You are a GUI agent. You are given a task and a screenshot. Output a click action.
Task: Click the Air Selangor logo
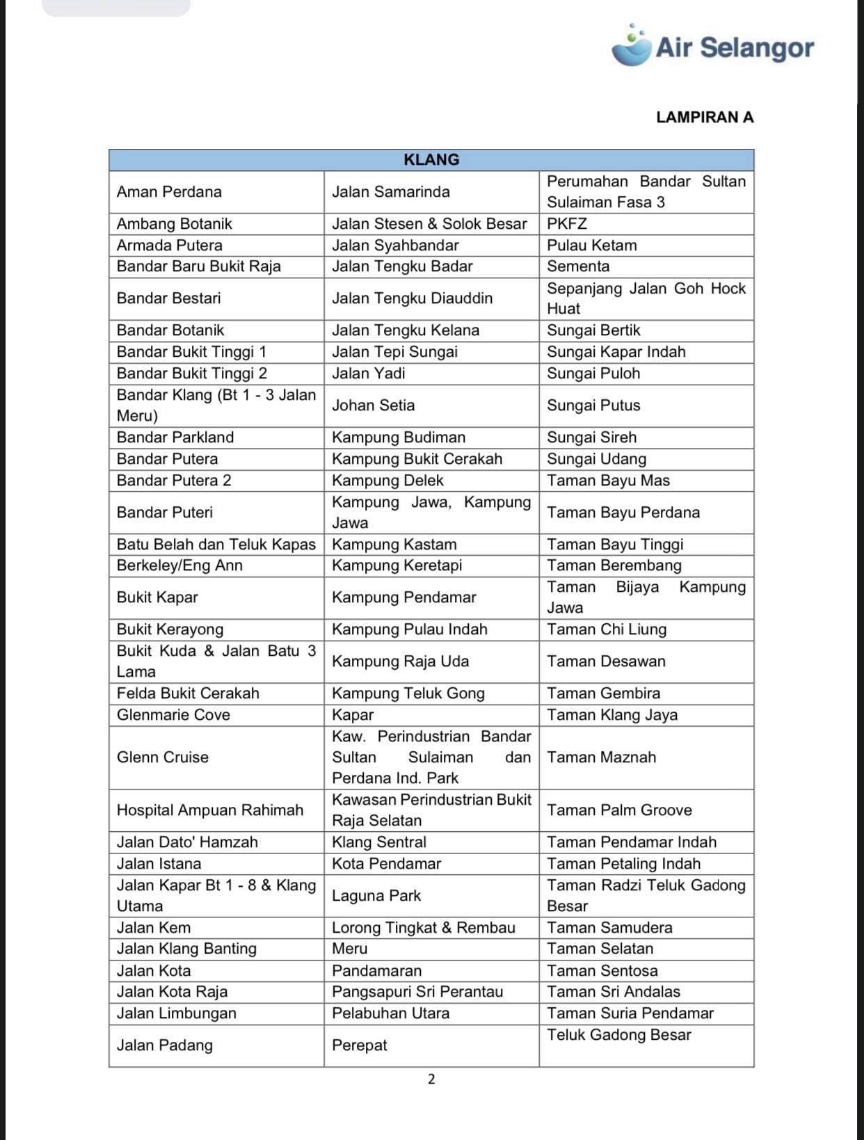click(x=712, y=47)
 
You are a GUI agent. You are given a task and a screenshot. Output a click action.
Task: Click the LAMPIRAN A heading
click(x=704, y=117)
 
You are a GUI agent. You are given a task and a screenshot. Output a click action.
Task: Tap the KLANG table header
click(x=431, y=160)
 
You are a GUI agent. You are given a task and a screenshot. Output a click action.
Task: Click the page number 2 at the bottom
click(x=431, y=1079)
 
